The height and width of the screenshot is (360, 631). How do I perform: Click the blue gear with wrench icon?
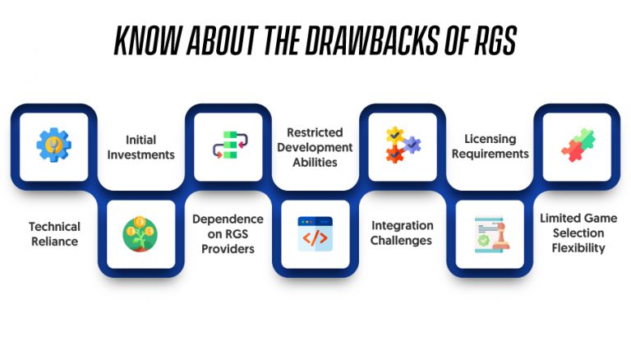click(x=54, y=145)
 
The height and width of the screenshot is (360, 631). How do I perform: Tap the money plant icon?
click(x=140, y=234)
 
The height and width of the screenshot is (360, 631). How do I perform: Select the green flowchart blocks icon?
click(x=230, y=145)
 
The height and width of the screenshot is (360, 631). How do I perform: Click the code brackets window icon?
click(x=315, y=234)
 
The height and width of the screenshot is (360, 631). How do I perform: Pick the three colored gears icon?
click(x=403, y=145)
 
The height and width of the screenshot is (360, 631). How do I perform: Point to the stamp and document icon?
click(x=492, y=234)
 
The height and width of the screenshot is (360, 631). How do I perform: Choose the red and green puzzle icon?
click(x=578, y=145)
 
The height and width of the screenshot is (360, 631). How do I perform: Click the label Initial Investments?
click(x=140, y=147)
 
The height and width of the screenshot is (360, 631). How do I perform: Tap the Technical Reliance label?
click(x=54, y=234)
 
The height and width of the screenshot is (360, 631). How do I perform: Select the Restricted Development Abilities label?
click(x=315, y=147)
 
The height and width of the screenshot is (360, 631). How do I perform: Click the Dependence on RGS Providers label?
click(x=228, y=234)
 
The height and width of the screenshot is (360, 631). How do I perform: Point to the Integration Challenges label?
click(x=402, y=233)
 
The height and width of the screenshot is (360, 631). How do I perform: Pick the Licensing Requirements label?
click(x=491, y=146)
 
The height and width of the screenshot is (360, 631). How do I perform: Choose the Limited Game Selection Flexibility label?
click(x=578, y=233)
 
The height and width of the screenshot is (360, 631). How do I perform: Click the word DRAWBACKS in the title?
click(x=371, y=40)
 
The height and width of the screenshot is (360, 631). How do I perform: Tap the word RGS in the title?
click(x=495, y=40)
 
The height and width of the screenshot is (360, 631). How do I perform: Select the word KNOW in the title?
click(x=148, y=40)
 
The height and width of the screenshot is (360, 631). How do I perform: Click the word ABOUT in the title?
click(x=221, y=40)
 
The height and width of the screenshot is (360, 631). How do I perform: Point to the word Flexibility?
click(x=578, y=248)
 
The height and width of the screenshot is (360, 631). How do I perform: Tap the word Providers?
click(x=228, y=249)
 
